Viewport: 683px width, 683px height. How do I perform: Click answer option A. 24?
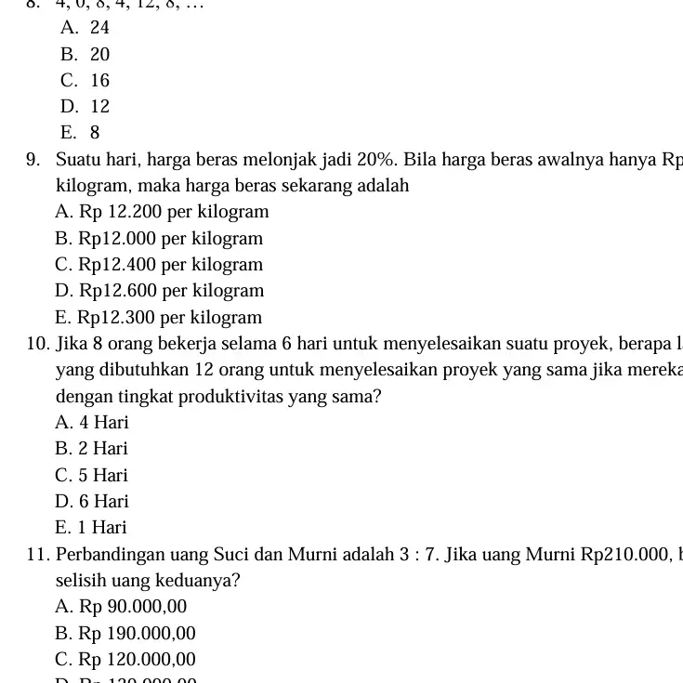(x=85, y=28)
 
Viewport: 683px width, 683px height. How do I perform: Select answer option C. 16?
(x=85, y=81)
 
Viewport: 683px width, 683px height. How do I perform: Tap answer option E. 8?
(x=80, y=133)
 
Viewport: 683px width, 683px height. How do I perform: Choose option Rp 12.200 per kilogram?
(x=162, y=212)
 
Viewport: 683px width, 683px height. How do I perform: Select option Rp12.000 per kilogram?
(x=159, y=239)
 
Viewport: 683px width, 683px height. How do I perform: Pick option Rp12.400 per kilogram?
(x=159, y=265)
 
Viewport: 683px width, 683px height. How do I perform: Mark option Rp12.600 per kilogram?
(x=160, y=291)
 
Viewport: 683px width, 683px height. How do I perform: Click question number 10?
(x=39, y=344)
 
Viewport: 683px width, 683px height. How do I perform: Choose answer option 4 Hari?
(x=92, y=423)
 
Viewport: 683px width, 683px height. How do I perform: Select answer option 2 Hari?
(x=92, y=449)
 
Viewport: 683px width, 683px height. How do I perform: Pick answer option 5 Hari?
(x=92, y=476)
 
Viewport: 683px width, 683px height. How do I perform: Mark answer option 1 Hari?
(x=91, y=528)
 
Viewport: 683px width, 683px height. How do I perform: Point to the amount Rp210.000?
(x=624, y=556)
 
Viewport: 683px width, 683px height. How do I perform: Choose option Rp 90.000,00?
(x=121, y=608)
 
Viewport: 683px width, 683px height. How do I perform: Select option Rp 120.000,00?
(x=125, y=661)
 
